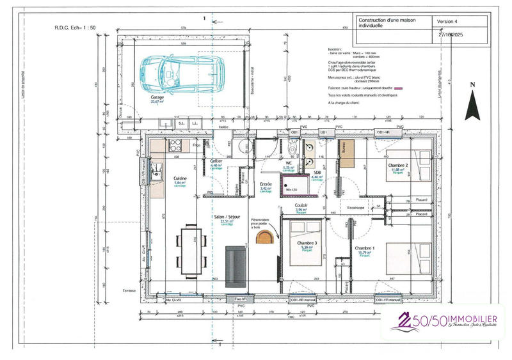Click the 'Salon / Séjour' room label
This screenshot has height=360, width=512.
coord(227,217)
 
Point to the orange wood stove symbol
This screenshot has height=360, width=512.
coord(264,238)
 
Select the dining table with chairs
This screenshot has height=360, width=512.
coord(190,248)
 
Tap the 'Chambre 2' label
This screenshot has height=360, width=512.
coord(398,166)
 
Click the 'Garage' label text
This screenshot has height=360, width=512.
coord(157,98)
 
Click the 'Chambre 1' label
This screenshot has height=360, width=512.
coord(364,248)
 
